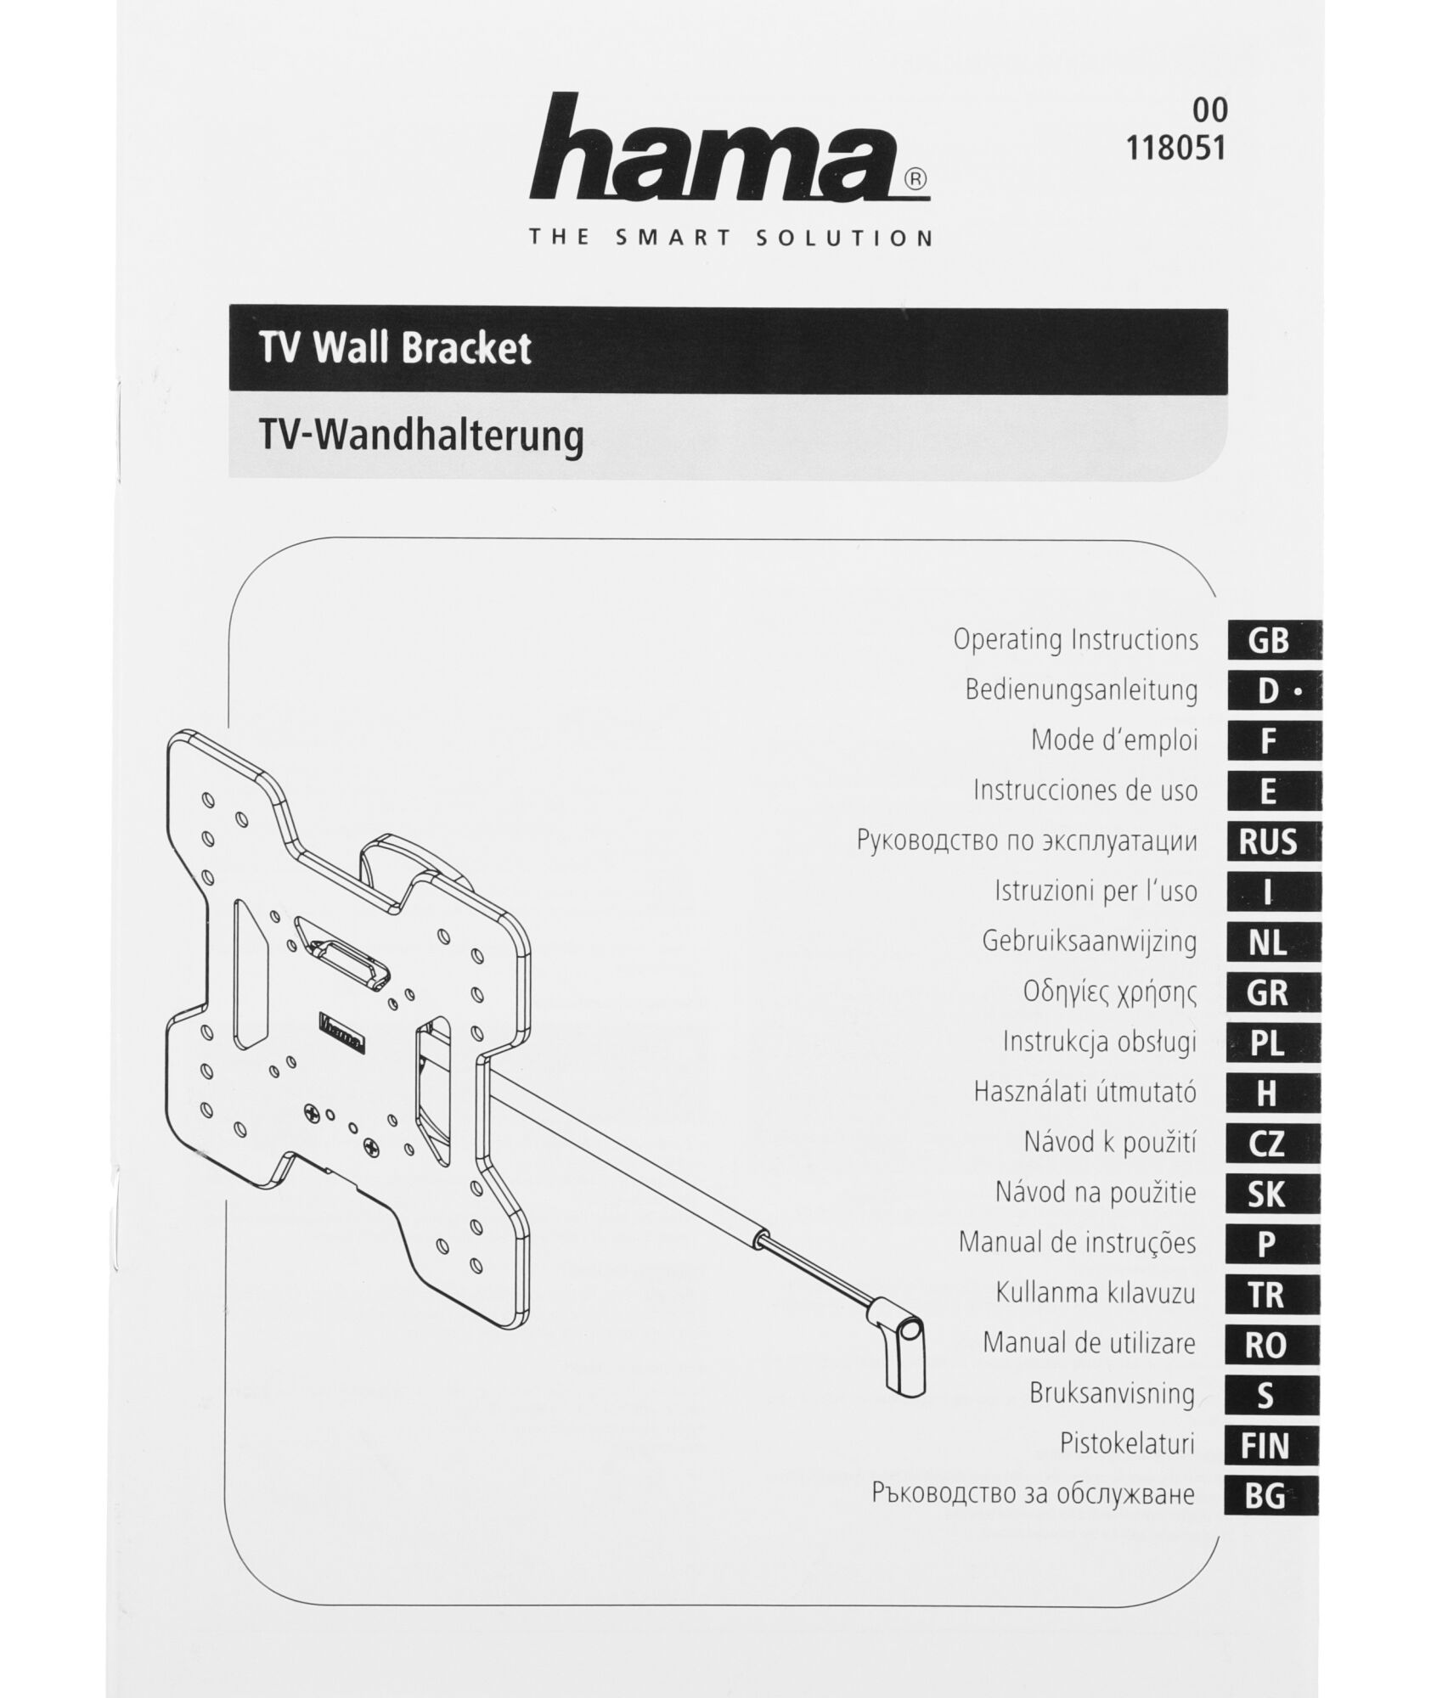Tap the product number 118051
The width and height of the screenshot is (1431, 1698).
coord(1176,149)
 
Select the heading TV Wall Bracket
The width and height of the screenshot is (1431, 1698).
coord(395,348)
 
